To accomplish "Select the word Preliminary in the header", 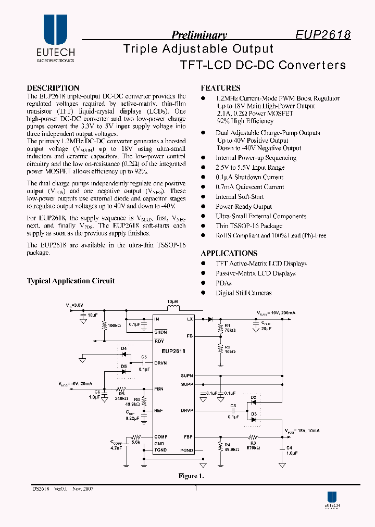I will tap(199, 35).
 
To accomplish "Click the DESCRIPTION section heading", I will tap(53, 88).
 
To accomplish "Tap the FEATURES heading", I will tap(220, 88).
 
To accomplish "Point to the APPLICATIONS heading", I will tap(229, 253).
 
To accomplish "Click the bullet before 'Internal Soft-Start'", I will tap(204, 197).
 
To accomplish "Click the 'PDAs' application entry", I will tap(223, 283).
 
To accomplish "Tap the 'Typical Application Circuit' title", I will tap(70, 281).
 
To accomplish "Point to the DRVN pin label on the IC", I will tap(160, 362).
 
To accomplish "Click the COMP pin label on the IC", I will tap(160, 437).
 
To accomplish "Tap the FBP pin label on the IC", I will tap(189, 437).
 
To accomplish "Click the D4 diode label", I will tap(123, 348).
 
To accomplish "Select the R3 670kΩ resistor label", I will tap(254, 444).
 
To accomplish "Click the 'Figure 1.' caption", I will tap(188, 476).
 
